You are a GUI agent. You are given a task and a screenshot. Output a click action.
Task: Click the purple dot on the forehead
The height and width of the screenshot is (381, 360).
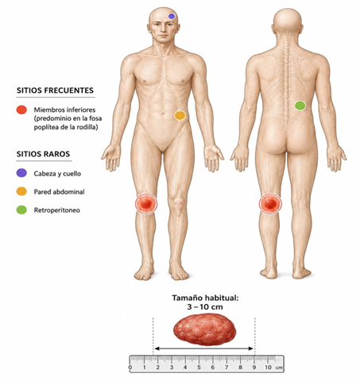coord(172,16)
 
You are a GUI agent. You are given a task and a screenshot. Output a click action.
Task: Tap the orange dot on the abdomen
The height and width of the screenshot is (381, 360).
coord(180,116)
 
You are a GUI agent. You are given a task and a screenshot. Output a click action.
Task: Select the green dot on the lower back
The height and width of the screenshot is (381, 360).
coord(300,106)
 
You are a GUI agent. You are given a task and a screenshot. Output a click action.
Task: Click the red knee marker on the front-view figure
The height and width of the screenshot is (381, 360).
coord(146,204)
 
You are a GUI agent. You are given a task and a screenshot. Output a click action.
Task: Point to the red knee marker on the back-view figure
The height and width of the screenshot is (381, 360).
coord(270,204)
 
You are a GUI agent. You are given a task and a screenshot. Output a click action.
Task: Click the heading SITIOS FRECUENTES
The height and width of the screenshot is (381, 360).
coord(55,90)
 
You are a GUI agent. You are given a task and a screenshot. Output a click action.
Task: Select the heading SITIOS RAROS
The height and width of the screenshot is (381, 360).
coord(43,154)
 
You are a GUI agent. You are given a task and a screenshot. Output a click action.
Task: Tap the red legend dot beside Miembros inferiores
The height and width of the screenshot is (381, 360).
coord(21,110)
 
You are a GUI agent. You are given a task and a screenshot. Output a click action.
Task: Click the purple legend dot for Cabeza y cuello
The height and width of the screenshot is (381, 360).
coord(21,173)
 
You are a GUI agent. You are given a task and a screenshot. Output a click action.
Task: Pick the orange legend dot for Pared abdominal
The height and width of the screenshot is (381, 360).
coord(21,191)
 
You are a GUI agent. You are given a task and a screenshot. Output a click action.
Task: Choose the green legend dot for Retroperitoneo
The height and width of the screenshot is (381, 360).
coord(21,210)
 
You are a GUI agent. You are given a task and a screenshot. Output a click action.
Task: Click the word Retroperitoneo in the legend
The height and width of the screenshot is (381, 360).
coord(57,210)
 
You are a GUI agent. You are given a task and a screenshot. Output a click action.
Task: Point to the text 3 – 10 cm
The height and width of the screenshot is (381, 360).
coord(205,307)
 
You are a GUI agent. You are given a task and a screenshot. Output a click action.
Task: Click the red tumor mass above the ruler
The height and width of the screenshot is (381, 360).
coord(205,329)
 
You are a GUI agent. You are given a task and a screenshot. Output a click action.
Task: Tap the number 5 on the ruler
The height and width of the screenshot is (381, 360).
coord(199,368)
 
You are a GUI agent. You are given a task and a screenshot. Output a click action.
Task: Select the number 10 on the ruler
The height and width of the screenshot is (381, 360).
coord(268,368)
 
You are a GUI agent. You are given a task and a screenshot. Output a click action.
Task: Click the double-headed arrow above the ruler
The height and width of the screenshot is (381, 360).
coord(203,348)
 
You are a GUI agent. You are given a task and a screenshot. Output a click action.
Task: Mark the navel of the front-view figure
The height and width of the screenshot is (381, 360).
coord(163,114)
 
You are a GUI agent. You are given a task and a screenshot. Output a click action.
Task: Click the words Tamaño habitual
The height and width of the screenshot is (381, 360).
coord(205,298)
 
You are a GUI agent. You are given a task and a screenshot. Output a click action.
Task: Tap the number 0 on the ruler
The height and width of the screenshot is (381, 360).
coord(130,368)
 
